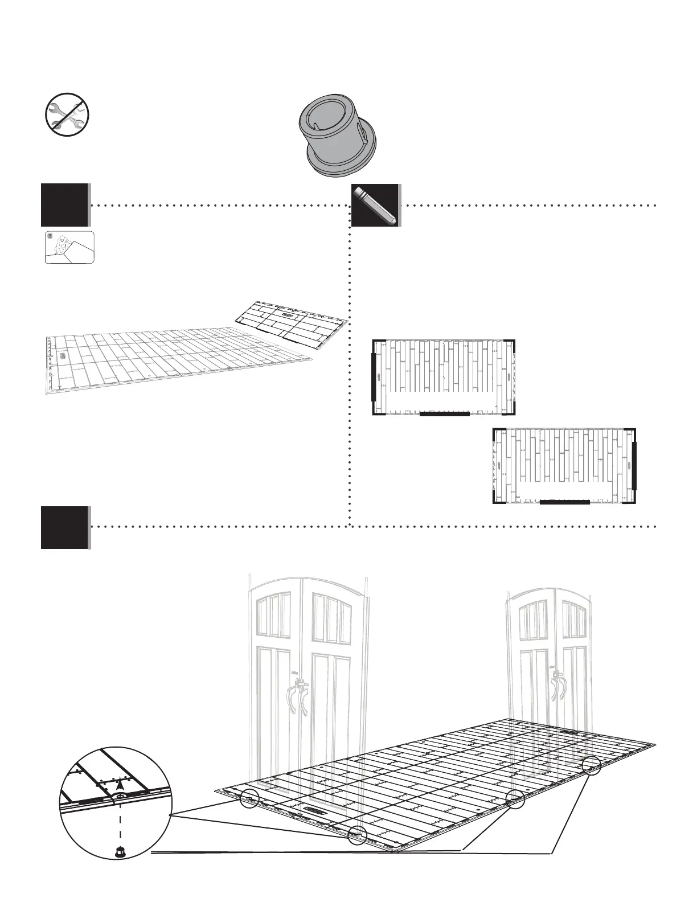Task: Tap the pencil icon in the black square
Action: pyautogui.click(x=376, y=205)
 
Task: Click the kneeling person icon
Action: pyautogui.click(x=69, y=248)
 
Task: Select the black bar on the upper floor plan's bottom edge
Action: pyautogui.click(x=444, y=414)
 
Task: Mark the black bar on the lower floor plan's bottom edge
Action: pyautogui.click(x=564, y=502)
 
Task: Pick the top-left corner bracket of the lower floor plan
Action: pyautogui.click(x=498, y=430)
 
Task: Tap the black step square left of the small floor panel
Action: pyautogui.click(x=64, y=205)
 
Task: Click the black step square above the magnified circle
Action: pyautogui.click(x=64, y=527)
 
